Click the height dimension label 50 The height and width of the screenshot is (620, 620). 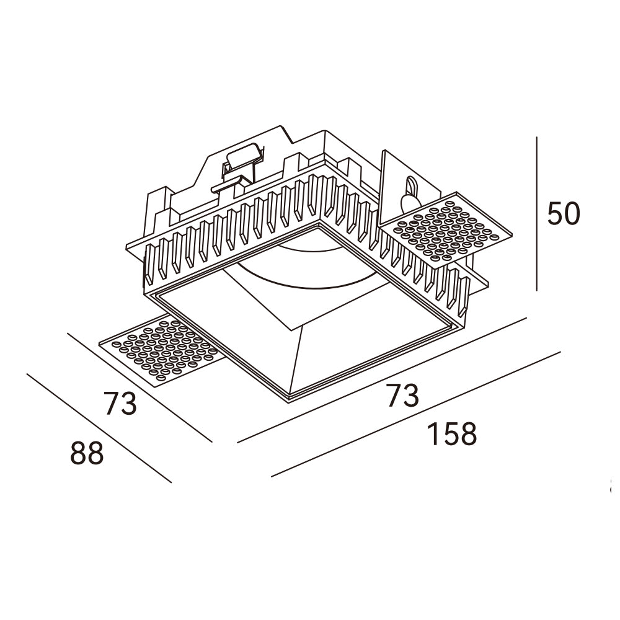click(x=563, y=214)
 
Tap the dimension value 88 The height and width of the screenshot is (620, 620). click(x=86, y=454)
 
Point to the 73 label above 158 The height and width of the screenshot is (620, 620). click(x=403, y=396)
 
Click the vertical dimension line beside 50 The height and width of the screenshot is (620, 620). click(x=536, y=214)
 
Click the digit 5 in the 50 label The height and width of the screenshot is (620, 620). click(x=555, y=214)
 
